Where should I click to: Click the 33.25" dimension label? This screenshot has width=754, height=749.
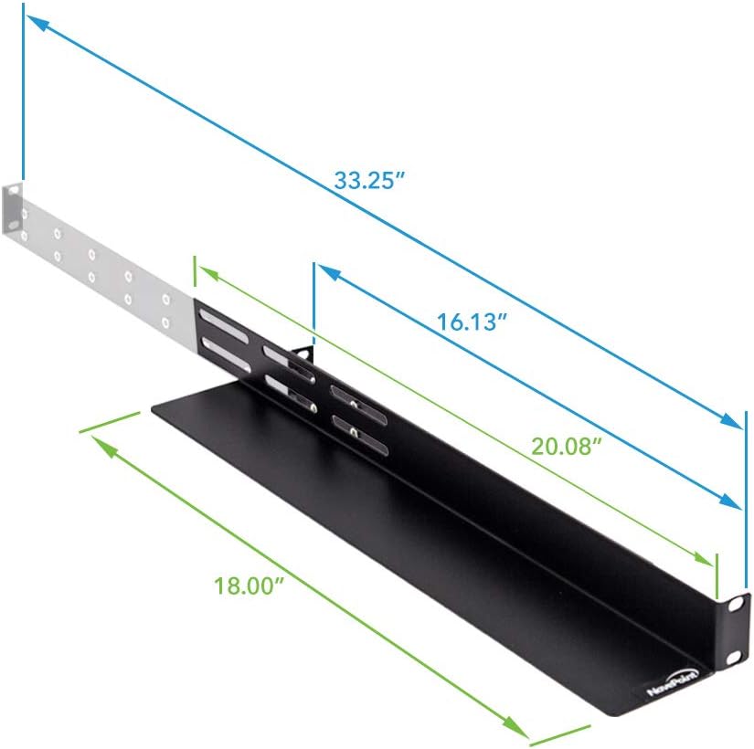(x=369, y=180)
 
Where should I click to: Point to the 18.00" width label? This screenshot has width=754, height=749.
(x=247, y=585)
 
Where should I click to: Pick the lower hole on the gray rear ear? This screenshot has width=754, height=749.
(x=15, y=235)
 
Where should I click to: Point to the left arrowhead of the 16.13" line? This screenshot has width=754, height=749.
(x=324, y=271)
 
